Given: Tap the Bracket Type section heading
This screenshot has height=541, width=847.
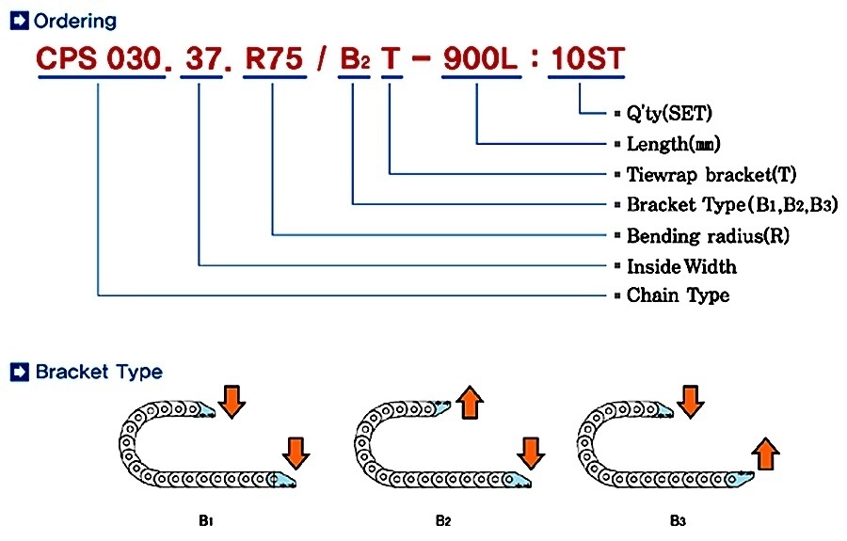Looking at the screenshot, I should [x=98, y=372].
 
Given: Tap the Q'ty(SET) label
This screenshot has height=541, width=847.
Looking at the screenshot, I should [x=669, y=114].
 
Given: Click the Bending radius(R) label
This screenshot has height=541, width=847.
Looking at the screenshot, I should [x=707, y=235].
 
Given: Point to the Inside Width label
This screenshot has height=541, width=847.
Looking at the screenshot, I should [x=681, y=266].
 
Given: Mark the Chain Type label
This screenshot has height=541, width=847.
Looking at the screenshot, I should [x=678, y=295].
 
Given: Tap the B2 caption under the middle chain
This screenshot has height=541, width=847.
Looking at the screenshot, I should [x=442, y=518].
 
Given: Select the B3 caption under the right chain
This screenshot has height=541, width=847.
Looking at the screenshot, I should [x=679, y=518].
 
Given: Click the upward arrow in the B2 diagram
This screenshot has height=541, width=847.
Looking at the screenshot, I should [x=470, y=401].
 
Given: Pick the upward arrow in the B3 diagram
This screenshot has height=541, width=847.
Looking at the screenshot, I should [x=767, y=453].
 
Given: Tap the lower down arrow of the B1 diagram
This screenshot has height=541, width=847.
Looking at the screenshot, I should [x=296, y=453].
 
